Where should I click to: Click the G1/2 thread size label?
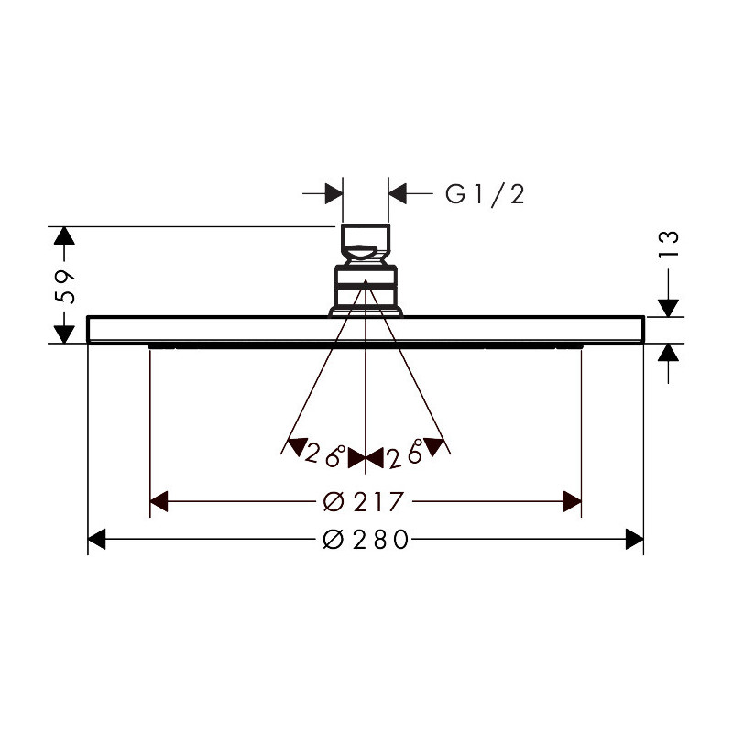485,194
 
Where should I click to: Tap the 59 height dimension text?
64,287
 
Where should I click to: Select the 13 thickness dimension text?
669,243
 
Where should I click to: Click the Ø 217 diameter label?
363,501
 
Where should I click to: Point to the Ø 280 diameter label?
366,540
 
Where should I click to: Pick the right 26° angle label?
406,454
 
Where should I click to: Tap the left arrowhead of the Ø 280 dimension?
97,539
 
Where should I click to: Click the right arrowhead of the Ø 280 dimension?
635,539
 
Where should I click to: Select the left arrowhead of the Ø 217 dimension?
159,501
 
